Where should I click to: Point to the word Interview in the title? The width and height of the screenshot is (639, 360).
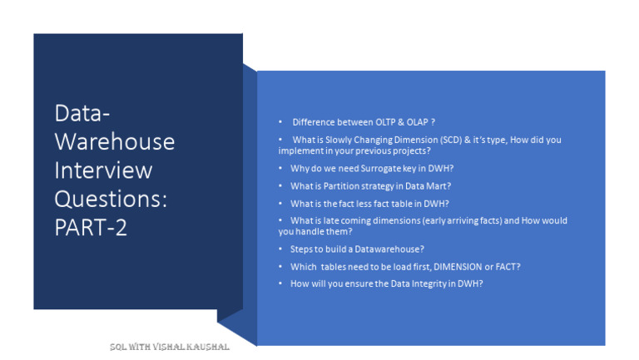[x=103, y=170]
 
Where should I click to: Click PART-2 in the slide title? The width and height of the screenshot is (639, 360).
[x=91, y=228]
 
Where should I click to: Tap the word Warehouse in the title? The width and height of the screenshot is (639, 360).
[x=114, y=141]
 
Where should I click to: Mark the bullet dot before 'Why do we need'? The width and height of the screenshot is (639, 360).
[x=280, y=168]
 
